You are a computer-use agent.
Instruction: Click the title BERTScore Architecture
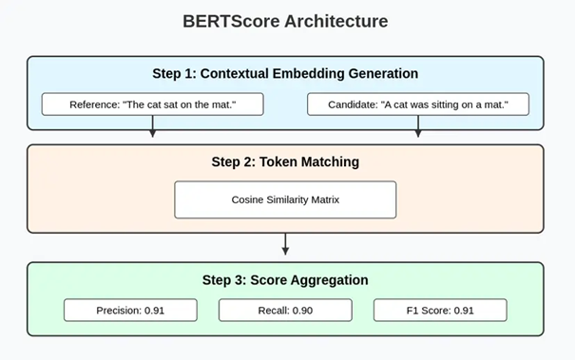click(x=285, y=21)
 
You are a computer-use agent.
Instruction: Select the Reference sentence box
click(x=152, y=104)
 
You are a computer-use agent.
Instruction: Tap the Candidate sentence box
click(x=418, y=104)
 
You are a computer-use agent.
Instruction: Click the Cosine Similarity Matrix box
click(x=285, y=199)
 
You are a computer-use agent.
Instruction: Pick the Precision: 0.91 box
click(x=130, y=310)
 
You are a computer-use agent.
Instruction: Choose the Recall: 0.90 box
click(x=285, y=310)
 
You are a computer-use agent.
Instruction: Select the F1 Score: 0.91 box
click(x=439, y=310)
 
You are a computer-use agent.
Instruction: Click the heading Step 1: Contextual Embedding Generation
click(x=285, y=73)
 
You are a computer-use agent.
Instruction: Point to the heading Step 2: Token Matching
click(x=285, y=161)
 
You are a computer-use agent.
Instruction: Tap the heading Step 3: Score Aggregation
click(x=285, y=280)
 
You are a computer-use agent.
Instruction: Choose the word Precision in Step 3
click(x=116, y=310)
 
